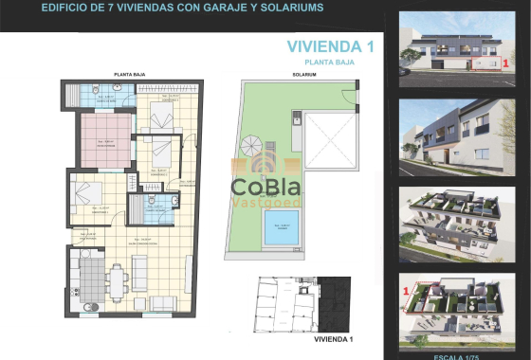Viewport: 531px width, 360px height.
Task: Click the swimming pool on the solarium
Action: pyautogui.click(x=278, y=229)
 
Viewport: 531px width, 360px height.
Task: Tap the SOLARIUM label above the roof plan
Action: pyautogui.click(x=302, y=73)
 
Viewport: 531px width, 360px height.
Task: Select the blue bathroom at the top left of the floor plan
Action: pyautogui.click(x=96, y=96)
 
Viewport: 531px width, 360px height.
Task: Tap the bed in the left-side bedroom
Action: pyautogui.click(x=85, y=196)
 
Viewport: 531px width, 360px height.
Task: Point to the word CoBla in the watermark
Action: pyautogui.click(x=266, y=183)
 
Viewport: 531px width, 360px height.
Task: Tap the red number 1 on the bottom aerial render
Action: pyautogui.click(x=405, y=290)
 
